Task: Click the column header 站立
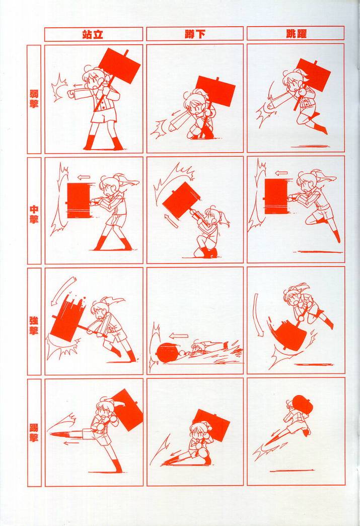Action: click(93, 34)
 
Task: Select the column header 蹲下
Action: click(195, 34)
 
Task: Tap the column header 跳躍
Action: click(296, 34)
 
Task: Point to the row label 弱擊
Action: click(34, 98)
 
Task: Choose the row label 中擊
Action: click(34, 214)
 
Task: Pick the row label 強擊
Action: click(34, 325)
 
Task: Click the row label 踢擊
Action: click(34, 432)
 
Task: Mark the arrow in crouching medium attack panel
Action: click(171, 221)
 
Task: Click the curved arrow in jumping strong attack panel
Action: click(258, 315)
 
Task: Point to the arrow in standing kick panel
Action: click(71, 443)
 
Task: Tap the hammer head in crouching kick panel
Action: click(212, 423)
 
